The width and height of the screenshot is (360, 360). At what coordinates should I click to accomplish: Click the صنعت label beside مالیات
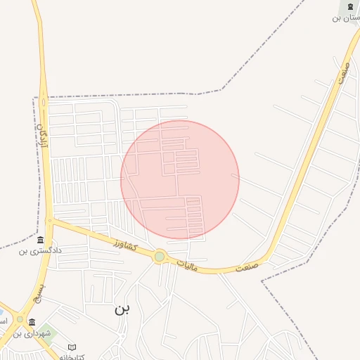click(247, 267)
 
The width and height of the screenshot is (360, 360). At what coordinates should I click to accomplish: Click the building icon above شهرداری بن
click(32, 323)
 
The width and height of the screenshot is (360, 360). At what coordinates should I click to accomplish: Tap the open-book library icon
click(72, 347)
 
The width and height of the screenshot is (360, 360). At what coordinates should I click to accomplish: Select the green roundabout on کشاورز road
click(160, 257)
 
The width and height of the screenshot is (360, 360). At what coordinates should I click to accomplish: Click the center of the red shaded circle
click(180, 179)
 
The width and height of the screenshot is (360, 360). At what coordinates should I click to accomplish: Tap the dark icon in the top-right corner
click(349, 7)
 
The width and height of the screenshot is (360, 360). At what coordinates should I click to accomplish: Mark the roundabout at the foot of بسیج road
click(20, 319)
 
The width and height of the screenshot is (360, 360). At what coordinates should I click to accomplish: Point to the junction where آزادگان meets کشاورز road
click(51, 221)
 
